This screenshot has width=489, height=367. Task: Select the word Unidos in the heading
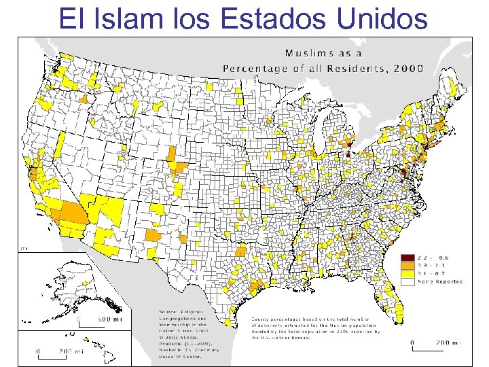click(x=382, y=18)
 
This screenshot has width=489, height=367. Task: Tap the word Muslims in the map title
click(x=310, y=52)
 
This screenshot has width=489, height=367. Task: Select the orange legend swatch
click(x=407, y=266)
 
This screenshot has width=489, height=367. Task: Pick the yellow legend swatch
click(x=407, y=273)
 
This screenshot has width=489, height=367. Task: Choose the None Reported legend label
click(x=441, y=281)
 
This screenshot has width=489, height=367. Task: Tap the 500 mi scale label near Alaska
click(x=109, y=319)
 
